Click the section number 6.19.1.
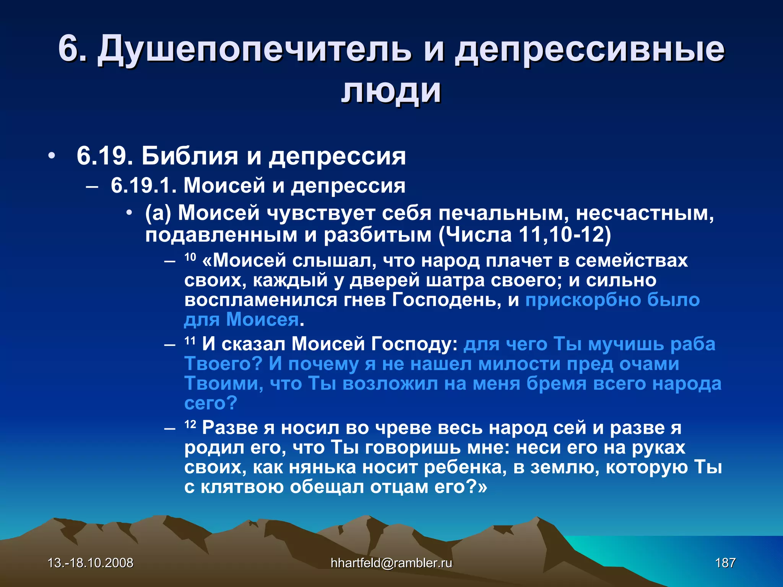point(144,186)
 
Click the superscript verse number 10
point(190,257)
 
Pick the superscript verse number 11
point(190,340)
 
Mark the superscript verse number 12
point(190,424)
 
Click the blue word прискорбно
point(583,300)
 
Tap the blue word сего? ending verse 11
point(211,403)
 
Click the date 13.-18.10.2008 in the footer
point(91,563)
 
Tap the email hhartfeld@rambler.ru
point(391,563)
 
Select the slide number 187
point(725,563)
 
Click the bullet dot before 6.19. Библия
point(52,156)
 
